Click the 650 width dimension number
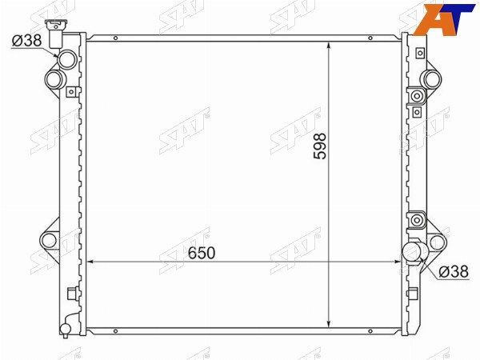(202, 253)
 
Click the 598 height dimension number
(320, 146)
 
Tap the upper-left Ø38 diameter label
(26, 41)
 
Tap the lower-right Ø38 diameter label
(454, 271)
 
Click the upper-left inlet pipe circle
(67, 59)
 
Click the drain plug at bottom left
(66, 329)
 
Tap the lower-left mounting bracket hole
(49, 241)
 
